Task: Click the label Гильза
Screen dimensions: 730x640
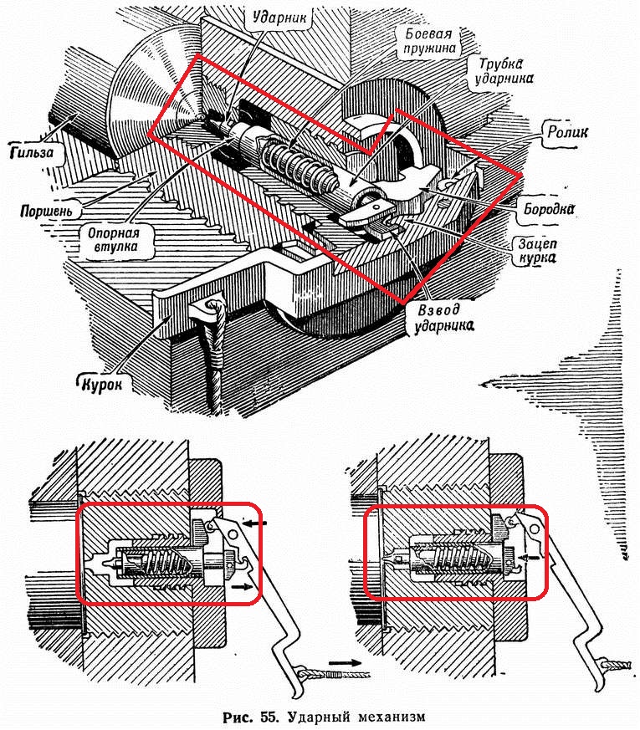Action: point(29,153)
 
